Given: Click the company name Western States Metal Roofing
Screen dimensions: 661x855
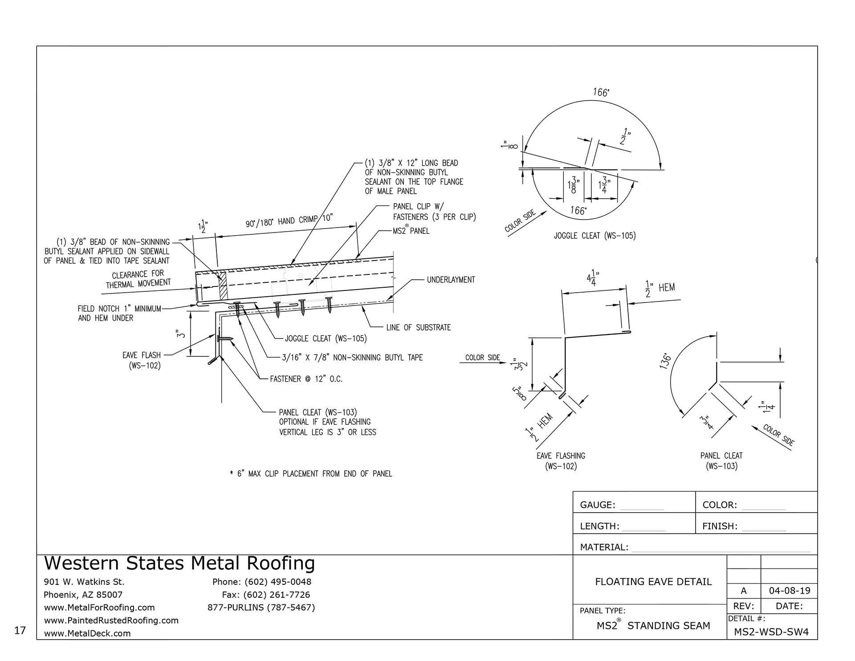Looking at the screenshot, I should [179, 563].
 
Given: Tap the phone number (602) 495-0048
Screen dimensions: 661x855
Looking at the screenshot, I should [262, 582].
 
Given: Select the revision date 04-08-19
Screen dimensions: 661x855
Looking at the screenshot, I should [790, 591].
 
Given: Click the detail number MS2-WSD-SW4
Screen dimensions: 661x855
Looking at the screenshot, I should [771, 632].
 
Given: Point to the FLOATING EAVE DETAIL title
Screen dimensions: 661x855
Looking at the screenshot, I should [653, 581].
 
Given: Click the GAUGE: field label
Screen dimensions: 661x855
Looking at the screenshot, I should [597, 505].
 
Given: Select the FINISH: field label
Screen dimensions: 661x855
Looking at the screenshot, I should [720, 526].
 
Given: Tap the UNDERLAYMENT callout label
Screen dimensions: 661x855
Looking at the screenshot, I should [451, 280].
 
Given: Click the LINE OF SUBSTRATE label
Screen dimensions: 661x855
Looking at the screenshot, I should [418, 327].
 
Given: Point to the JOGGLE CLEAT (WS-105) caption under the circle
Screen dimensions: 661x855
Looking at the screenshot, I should [594, 236].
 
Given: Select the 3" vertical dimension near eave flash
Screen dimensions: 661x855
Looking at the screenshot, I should [178, 334].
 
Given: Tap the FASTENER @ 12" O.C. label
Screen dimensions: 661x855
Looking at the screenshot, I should [306, 379].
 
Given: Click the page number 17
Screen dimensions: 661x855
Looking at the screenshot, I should [20, 630].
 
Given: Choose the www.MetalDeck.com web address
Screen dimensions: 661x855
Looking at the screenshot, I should [87, 633].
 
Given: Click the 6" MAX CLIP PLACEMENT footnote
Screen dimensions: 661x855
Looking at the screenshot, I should [311, 473].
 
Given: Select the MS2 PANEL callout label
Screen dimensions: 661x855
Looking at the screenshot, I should [411, 231].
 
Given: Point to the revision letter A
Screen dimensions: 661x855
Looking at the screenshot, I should [743, 591].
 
